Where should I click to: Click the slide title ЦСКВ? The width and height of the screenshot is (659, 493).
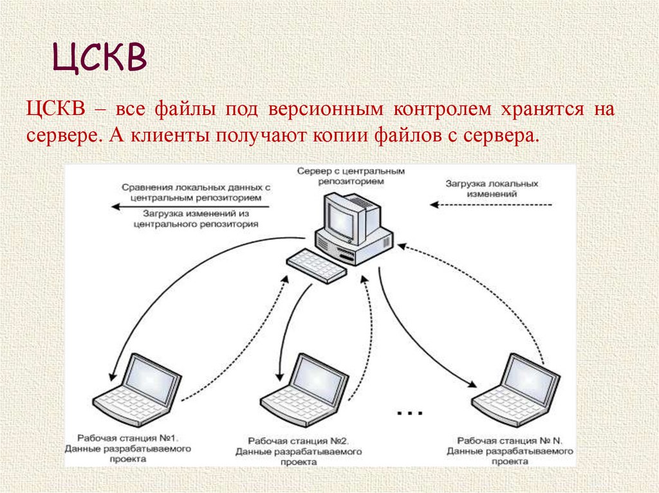100,58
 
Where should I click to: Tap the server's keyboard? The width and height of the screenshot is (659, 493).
315,265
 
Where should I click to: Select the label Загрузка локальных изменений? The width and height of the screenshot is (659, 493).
491,188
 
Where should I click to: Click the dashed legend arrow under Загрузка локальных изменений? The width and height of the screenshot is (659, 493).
491,205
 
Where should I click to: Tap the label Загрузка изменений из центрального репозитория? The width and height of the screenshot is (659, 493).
196,220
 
